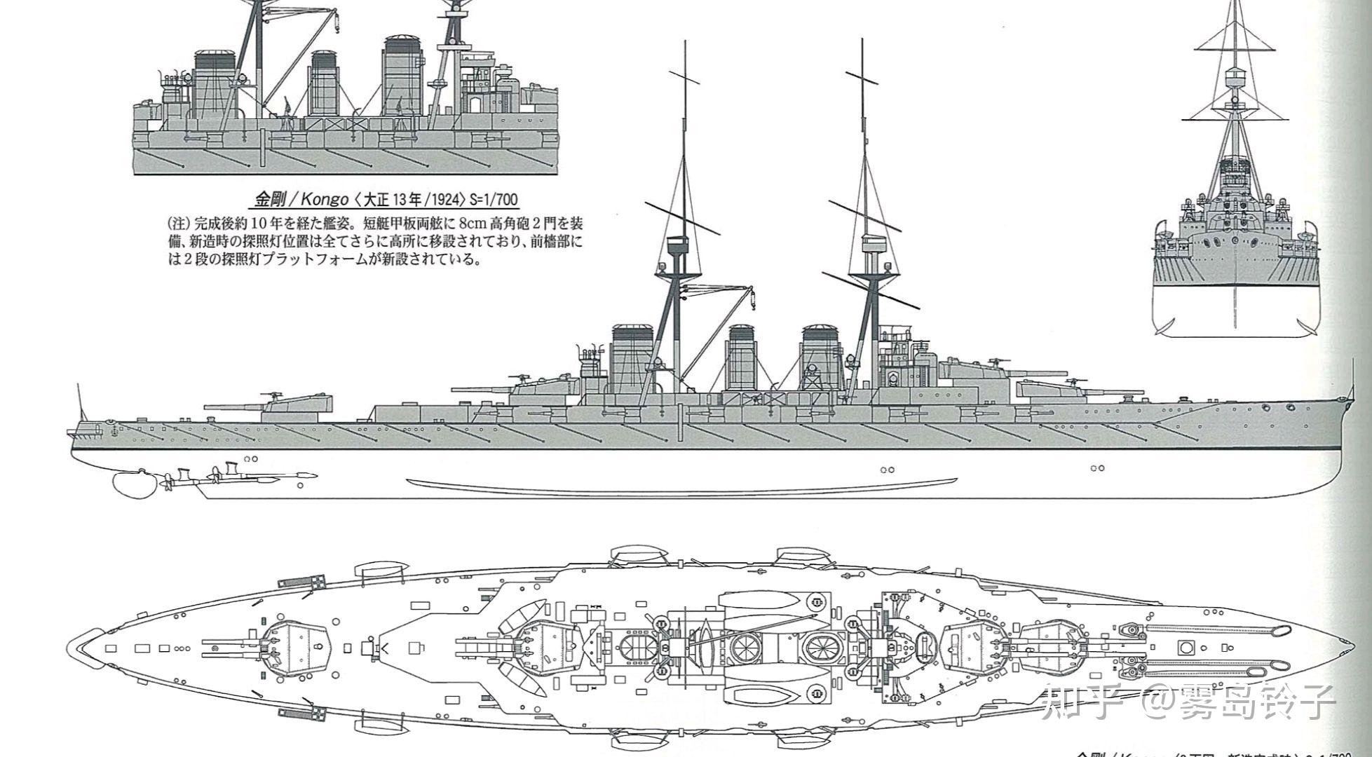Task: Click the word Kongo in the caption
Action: click(325, 200)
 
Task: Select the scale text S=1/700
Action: click(494, 200)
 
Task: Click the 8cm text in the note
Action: click(474, 225)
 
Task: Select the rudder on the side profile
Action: click(130, 482)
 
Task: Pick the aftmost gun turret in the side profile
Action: click(294, 407)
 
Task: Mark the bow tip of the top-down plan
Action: click(1343, 648)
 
